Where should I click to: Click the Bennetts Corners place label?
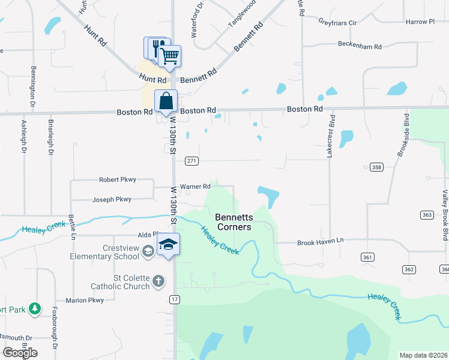[234, 221]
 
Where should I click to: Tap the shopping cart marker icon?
[170, 56]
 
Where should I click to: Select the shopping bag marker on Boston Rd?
[166, 101]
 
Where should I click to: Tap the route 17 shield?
[174, 299]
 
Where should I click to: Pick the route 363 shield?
[427, 215]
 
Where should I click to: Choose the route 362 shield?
[409, 269]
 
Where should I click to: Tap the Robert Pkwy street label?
[118, 179]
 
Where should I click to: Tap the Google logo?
[20, 353]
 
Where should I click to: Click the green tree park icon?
[35, 308]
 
